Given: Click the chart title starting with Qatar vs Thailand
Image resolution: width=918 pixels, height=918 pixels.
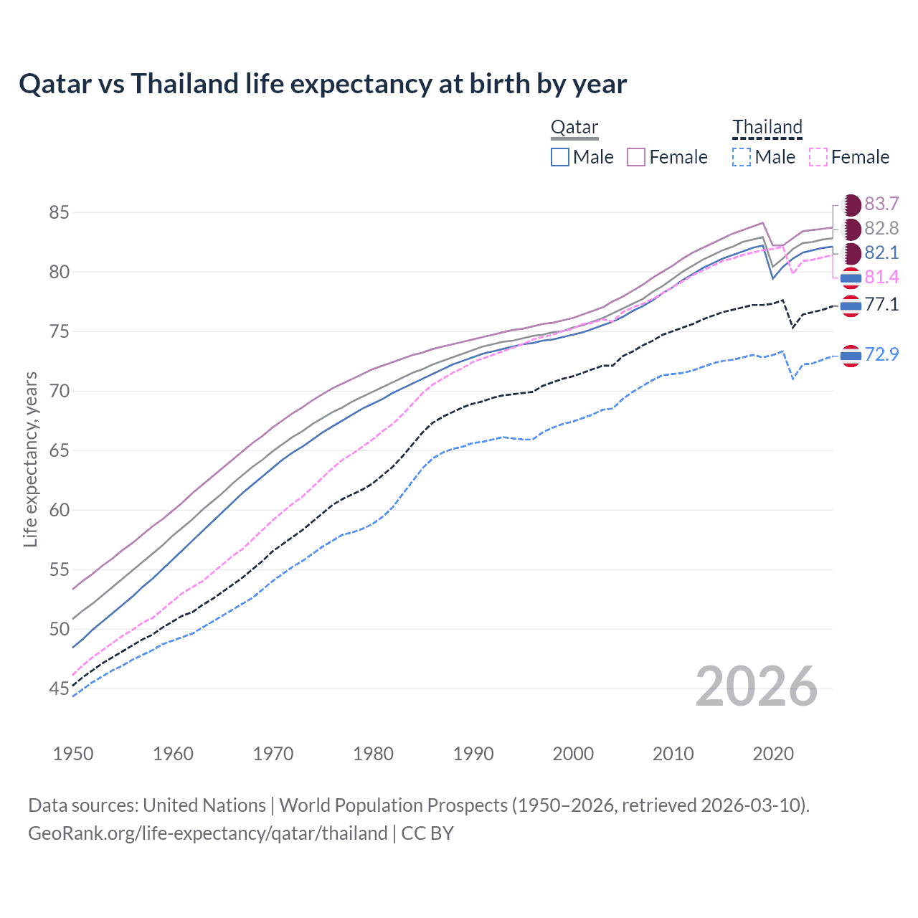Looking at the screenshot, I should point(323,84).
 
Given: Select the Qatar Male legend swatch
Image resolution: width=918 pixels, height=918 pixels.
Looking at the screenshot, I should point(560,157).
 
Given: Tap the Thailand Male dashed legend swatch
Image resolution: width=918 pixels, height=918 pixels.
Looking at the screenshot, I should point(742,157).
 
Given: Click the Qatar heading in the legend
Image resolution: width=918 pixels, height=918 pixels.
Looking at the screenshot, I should point(574,128).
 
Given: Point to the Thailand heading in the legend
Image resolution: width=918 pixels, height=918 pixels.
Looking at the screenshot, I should point(767,128).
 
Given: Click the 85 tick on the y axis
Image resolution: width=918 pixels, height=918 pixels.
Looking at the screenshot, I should point(60,212).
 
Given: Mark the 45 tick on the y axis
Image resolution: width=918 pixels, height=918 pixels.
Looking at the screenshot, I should point(60,689).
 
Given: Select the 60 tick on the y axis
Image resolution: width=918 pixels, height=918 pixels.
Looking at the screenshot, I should point(60,511).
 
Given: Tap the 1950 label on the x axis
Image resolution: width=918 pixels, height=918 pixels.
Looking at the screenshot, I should point(73,754).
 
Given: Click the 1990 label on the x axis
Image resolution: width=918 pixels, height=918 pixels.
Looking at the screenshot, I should point(473,754).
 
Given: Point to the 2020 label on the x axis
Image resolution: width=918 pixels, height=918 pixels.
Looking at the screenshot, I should point(773,754).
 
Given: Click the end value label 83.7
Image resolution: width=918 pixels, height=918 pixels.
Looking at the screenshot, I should point(881,204).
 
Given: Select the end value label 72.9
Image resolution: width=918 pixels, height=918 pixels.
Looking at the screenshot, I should point(881,354).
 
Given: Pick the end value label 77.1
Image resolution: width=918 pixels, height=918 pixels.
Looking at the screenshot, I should point(881,305).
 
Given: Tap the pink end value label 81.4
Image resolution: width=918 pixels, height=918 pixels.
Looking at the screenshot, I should point(881,278).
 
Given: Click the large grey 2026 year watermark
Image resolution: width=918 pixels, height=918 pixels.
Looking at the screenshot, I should point(757,687).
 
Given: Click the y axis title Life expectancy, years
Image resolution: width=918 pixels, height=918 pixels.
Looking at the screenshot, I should point(30,460).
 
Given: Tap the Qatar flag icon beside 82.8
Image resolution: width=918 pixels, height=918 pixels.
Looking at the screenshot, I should point(851,229).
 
